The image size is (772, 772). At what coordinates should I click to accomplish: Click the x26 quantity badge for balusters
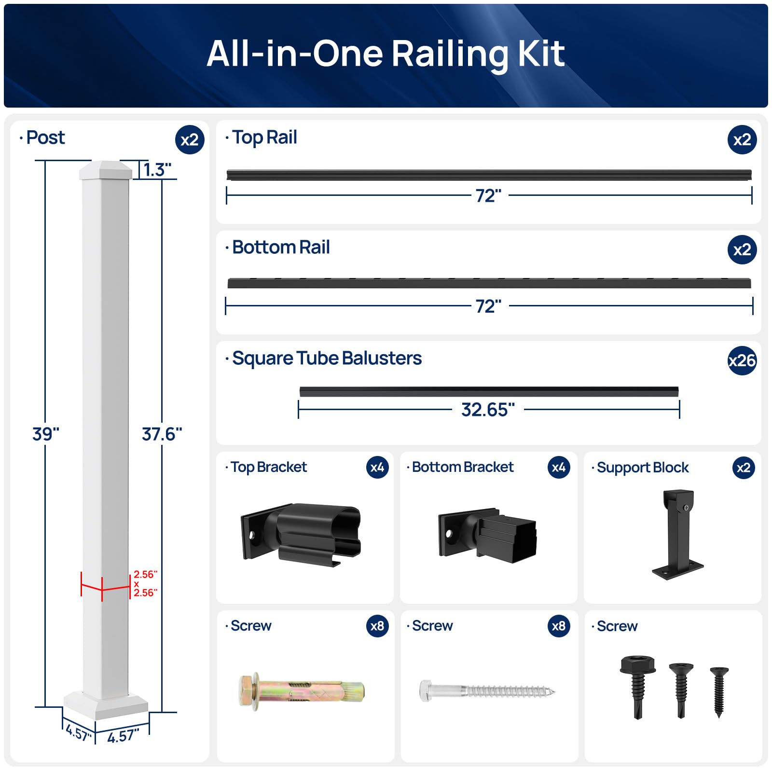pyautogui.click(x=742, y=360)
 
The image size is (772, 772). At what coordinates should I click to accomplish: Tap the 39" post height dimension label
pyautogui.click(x=45, y=434)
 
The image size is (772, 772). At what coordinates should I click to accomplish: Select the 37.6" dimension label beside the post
pyautogui.click(x=162, y=434)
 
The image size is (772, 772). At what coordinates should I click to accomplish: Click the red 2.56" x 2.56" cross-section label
pyautogui.click(x=145, y=583)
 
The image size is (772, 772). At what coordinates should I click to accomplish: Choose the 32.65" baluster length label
pyautogui.click(x=488, y=410)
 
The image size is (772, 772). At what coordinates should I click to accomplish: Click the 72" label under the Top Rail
pyautogui.click(x=488, y=196)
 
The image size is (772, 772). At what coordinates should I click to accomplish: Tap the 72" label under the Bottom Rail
pyautogui.click(x=488, y=306)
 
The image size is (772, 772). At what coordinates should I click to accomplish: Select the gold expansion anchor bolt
pyautogui.click(x=301, y=691)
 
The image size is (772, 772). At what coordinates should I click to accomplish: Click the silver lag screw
pyautogui.click(x=486, y=690)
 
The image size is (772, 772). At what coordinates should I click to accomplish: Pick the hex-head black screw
pyautogui.click(x=637, y=685)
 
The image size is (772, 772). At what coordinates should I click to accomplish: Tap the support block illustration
pyautogui.click(x=678, y=534)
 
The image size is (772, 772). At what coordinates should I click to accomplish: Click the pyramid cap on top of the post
pyautogui.click(x=106, y=170)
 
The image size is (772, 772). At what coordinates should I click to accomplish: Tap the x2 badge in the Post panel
pyautogui.click(x=190, y=140)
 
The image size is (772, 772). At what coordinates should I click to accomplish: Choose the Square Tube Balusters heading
pyautogui.click(x=327, y=358)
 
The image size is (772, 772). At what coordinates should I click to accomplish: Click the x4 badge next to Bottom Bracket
pyautogui.click(x=558, y=467)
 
